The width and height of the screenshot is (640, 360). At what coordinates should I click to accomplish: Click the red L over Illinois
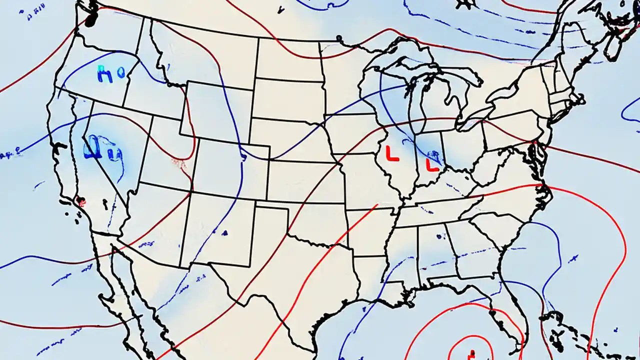(392, 153)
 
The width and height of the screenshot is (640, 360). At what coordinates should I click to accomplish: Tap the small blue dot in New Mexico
(225, 232)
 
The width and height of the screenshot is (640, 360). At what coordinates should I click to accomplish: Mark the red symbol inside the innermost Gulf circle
(470, 354)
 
